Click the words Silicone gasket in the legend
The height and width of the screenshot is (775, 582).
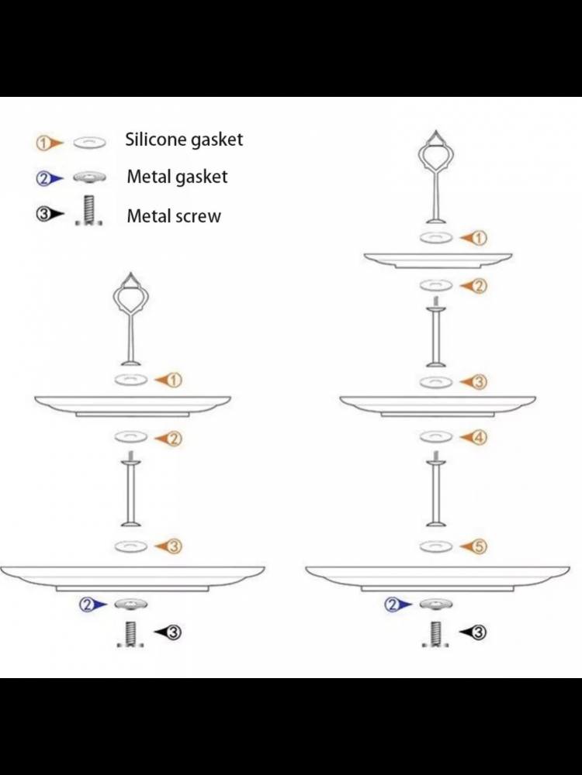(184, 139)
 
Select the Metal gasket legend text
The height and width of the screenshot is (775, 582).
(177, 177)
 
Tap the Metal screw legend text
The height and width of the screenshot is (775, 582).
(174, 215)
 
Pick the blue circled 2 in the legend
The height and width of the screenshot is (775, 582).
(43, 179)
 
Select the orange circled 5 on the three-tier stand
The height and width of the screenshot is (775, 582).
(479, 547)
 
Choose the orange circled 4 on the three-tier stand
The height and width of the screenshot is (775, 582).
(479, 438)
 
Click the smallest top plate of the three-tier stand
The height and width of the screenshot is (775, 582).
(438, 260)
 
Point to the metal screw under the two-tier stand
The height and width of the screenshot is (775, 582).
(131, 634)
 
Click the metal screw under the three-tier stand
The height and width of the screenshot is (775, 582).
(436, 634)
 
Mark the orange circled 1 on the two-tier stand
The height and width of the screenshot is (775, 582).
(174, 380)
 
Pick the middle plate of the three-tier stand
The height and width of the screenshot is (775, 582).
(438, 404)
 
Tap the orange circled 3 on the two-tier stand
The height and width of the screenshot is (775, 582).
(174, 547)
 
